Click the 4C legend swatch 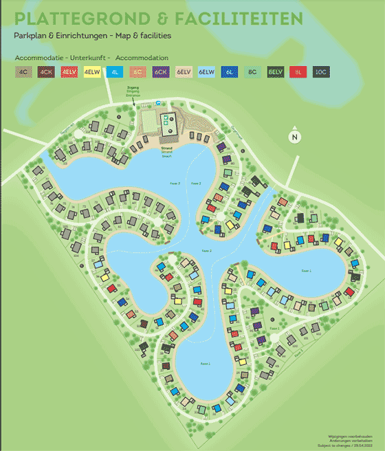click(23, 71)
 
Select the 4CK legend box click(46, 71)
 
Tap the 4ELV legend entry click(69, 71)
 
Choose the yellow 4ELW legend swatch click(92, 71)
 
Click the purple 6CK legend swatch click(161, 71)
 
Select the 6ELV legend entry click(184, 71)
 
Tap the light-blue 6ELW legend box click(207, 71)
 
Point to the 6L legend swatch click(230, 71)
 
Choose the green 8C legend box click(252, 71)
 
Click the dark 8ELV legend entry click(276, 71)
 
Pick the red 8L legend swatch click(298, 71)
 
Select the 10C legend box click(321, 71)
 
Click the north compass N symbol click(294, 136)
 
